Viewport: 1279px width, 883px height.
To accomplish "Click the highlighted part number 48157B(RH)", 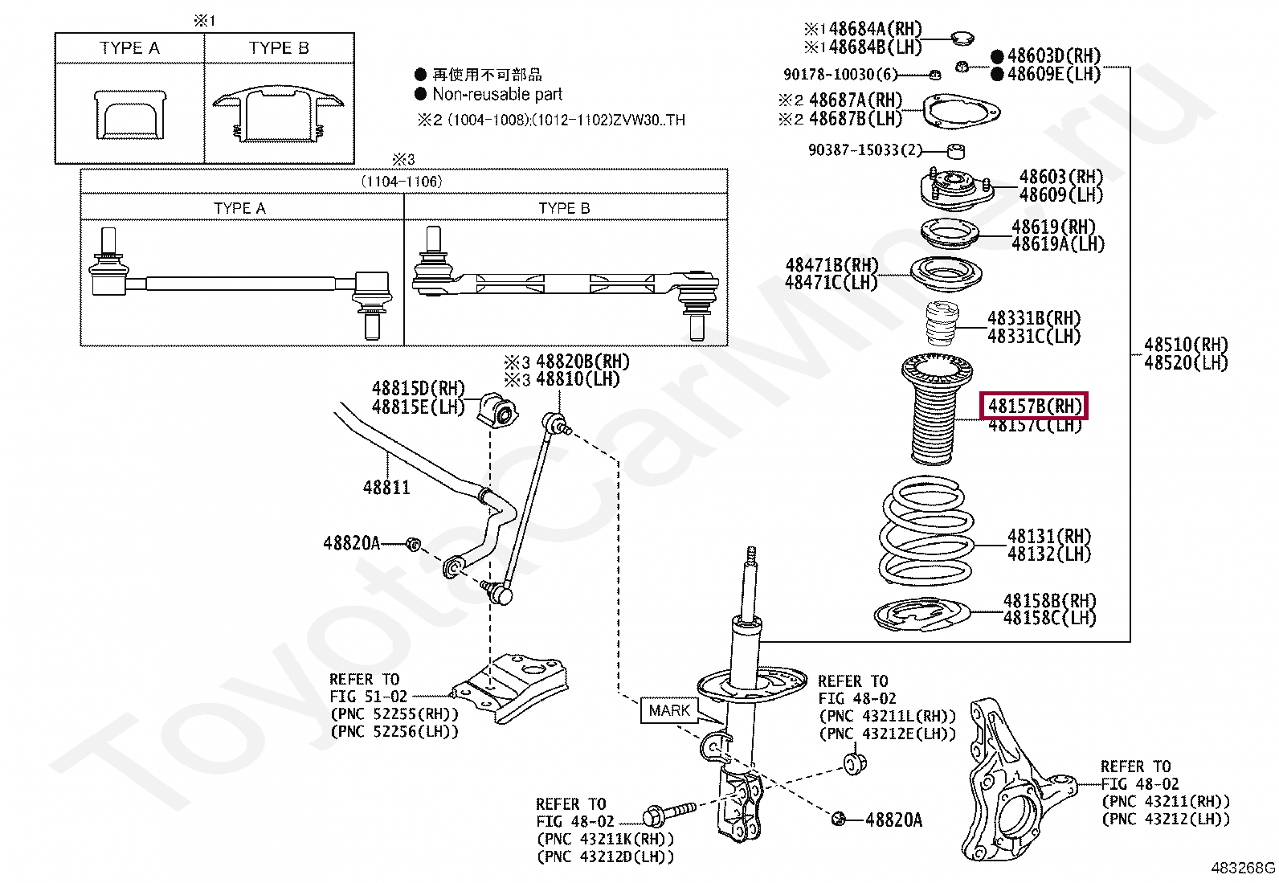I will click(x=1033, y=406).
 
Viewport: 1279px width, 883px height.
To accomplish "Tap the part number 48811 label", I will click(x=386, y=488).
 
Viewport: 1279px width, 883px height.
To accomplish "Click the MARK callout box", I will click(x=669, y=710).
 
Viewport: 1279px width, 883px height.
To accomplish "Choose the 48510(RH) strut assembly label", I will click(x=1186, y=345).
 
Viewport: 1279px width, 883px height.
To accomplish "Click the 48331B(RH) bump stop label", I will click(x=1034, y=318).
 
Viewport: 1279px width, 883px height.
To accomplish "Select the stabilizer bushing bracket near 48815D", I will click(x=499, y=409).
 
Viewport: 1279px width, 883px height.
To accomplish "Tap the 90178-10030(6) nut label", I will click(x=840, y=75).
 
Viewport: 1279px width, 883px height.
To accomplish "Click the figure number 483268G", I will click(x=1242, y=868).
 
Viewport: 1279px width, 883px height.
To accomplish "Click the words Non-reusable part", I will click(x=497, y=95).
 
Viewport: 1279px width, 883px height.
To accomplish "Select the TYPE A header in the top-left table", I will click(x=129, y=48).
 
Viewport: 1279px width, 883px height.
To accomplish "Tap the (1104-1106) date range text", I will click(x=401, y=182).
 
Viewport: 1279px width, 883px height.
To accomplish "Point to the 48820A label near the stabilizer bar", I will click(x=352, y=543).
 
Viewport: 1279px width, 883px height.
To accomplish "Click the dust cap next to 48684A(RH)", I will click(x=962, y=38).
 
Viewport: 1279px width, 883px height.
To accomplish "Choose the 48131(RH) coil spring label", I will click(x=1049, y=536).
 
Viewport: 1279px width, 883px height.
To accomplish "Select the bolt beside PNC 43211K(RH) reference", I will click(x=668, y=813).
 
